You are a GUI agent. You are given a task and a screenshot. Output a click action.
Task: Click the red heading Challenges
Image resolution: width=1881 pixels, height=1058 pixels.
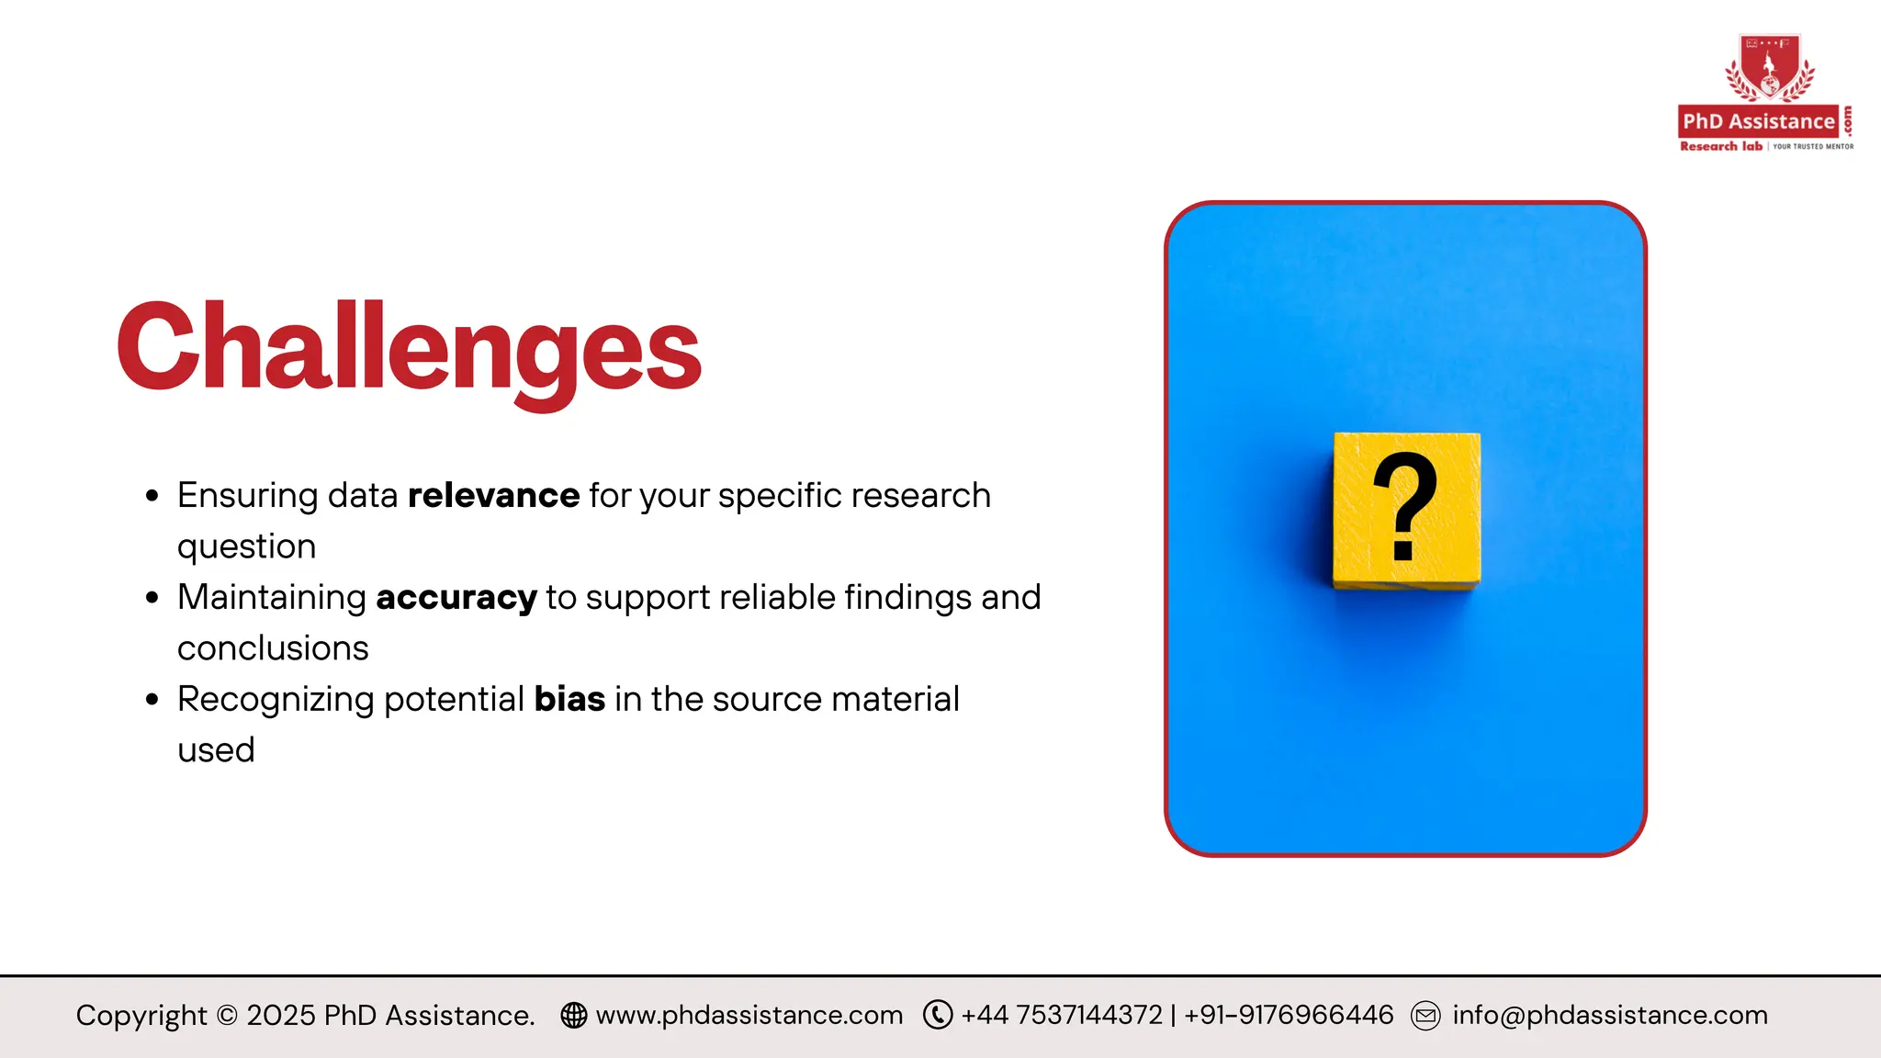tap(409, 349)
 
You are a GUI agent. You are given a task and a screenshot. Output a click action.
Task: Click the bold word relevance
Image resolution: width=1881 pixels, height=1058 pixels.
tap(493, 496)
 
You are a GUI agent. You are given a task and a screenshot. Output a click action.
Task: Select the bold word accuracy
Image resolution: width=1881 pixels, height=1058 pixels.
tap(456, 598)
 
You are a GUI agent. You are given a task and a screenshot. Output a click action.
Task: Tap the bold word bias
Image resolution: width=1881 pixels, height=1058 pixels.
tap(569, 700)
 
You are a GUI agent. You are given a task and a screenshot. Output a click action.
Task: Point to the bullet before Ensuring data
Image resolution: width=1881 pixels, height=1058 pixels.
tap(152, 497)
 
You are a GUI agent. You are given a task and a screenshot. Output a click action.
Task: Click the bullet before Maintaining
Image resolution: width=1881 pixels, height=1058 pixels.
tap(152, 599)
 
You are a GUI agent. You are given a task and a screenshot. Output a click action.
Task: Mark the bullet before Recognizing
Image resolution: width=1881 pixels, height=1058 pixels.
tap(152, 701)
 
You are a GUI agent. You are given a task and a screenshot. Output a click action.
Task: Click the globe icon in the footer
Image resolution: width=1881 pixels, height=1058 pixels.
tap(574, 1015)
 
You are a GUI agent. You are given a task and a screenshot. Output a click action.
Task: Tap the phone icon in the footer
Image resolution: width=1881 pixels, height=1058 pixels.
tap(937, 1015)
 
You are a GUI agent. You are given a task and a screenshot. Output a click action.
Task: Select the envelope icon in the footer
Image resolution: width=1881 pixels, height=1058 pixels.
tap(1425, 1016)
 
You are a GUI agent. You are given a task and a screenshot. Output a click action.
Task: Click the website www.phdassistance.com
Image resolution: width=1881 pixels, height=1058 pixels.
tap(749, 1015)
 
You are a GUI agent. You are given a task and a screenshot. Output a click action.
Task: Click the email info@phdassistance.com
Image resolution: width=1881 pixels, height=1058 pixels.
tap(1609, 1015)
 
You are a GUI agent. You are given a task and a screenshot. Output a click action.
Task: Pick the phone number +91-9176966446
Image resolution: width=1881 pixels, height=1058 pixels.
tap(1289, 1015)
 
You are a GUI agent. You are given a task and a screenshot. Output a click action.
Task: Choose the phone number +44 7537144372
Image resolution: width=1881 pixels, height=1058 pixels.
tap(1062, 1015)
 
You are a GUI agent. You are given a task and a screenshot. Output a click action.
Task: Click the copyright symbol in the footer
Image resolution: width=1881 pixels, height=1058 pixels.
tap(227, 1016)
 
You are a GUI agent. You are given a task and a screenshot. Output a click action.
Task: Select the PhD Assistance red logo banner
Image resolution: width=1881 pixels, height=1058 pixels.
tap(1758, 121)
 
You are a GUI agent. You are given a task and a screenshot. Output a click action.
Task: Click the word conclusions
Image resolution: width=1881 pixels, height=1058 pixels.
tap(273, 648)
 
